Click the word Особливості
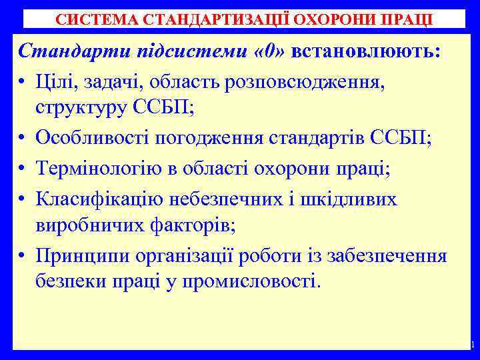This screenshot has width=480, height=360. [93, 139]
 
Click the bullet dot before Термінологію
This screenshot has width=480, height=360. [23, 170]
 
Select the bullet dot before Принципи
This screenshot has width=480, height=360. [23, 257]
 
